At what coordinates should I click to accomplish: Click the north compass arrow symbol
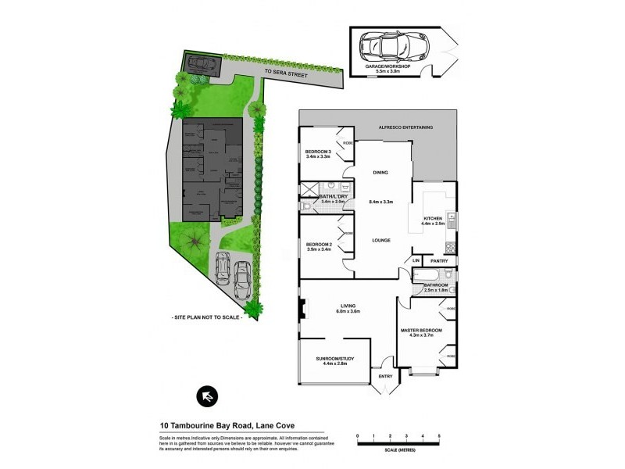tap(206, 396)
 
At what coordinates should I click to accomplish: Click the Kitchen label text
tap(434, 218)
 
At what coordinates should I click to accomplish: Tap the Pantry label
tap(439, 261)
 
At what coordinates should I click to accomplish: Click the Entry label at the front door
tap(386, 377)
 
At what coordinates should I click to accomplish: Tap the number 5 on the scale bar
tap(440, 434)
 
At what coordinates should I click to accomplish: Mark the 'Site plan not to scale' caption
tap(206, 318)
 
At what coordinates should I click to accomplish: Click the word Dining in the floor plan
tap(380, 173)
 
